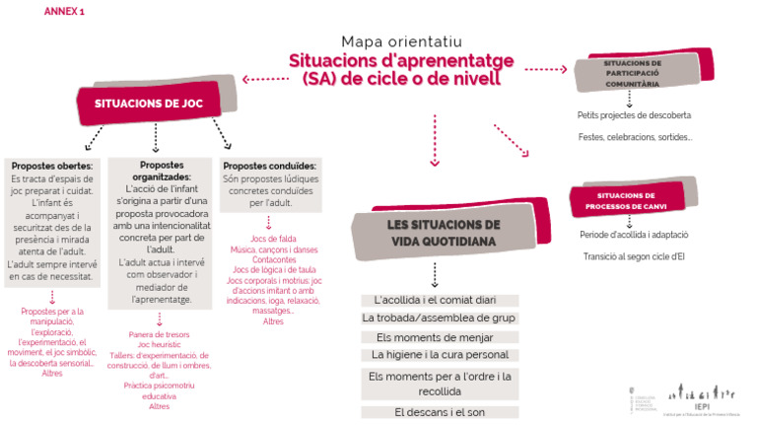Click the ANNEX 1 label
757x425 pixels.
pyautogui.click(x=64, y=11)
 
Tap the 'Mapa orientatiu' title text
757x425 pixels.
pyautogui.click(x=401, y=41)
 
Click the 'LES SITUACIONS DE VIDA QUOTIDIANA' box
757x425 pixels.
pyautogui.click(x=429, y=232)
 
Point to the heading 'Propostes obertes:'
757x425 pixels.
pyautogui.click(x=53, y=165)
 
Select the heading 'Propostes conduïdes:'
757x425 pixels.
pyautogui.click(x=268, y=166)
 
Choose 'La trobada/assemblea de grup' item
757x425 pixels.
pyautogui.click(x=439, y=318)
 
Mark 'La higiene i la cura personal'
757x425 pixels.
pyautogui.click(x=440, y=355)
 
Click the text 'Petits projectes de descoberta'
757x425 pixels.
pyautogui.click(x=634, y=115)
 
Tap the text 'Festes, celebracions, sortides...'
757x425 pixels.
pyautogui.click(x=635, y=137)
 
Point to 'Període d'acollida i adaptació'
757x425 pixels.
pyautogui.click(x=634, y=236)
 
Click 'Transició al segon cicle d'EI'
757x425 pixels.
pyautogui.click(x=634, y=257)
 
